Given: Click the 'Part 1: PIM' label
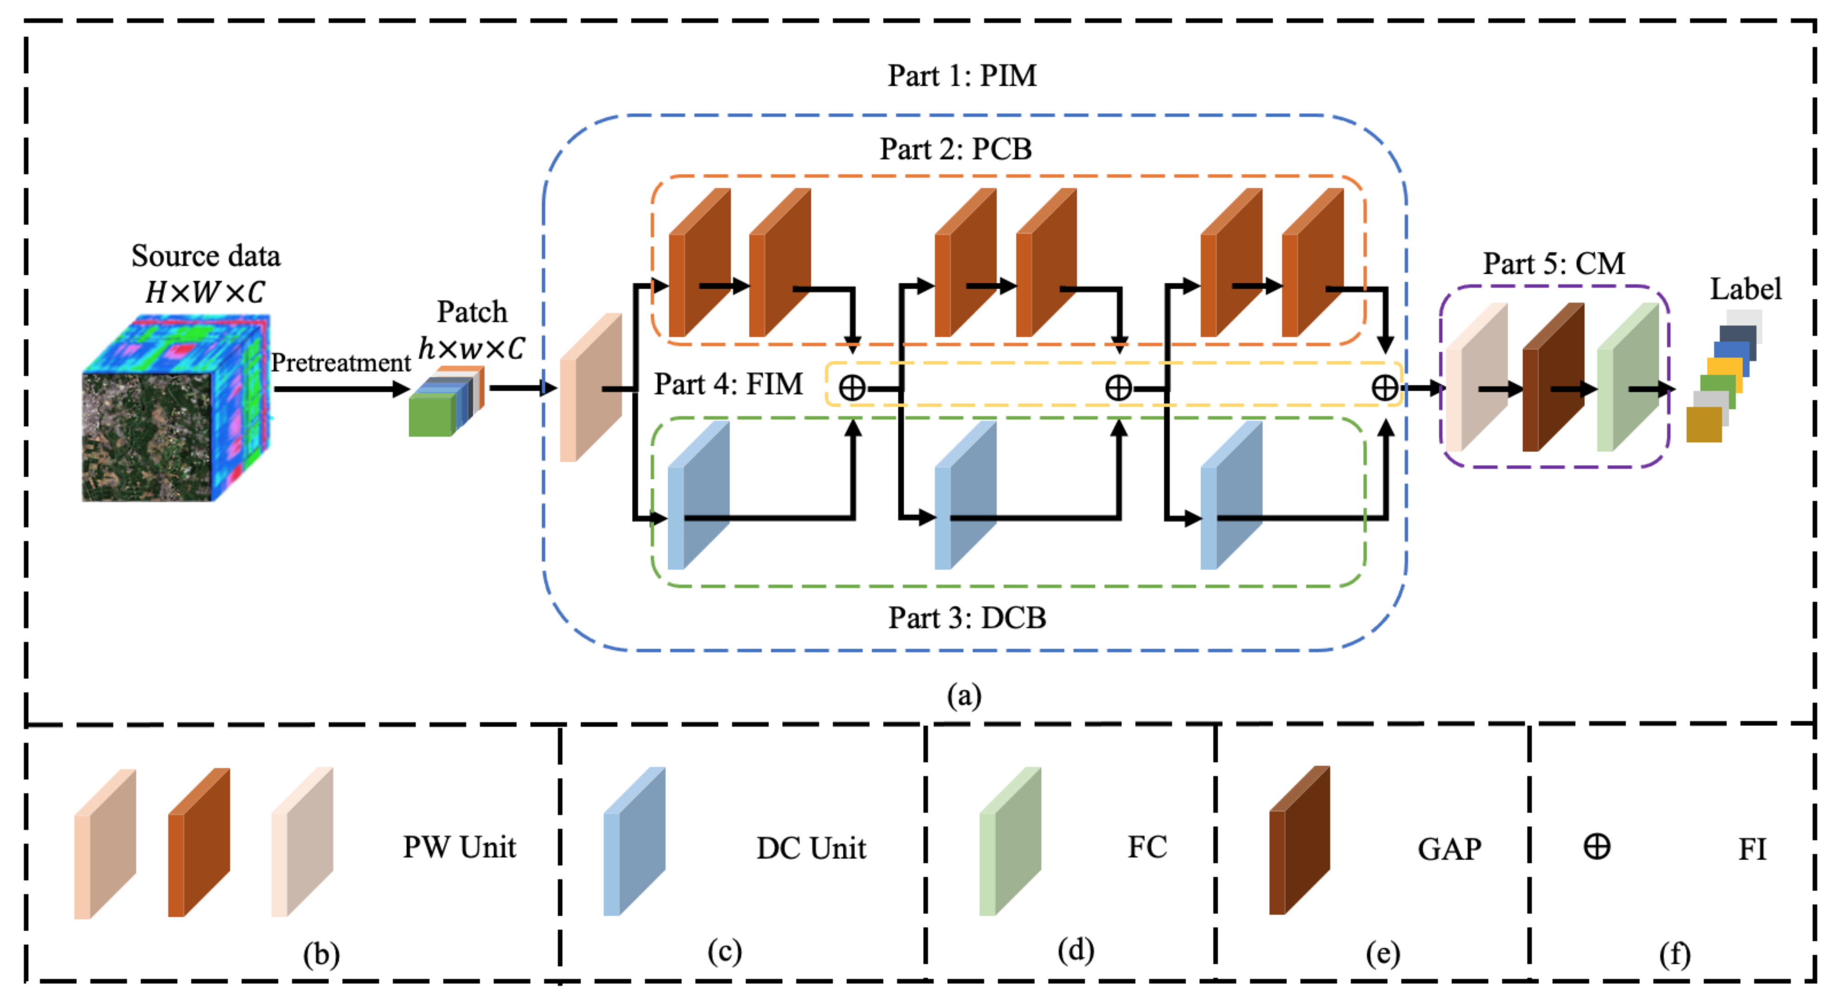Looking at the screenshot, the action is (x=961, y=76).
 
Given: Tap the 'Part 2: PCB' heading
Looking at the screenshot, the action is (x=955, y=149).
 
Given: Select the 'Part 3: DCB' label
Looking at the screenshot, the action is (x=967, y=618).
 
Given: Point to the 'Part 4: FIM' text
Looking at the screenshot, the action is (x=728, y=384).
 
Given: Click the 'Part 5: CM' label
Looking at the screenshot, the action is (x=1554, y=264).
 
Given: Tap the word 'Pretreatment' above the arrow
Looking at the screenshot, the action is (x=341, y=363).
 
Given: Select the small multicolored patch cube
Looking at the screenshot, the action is (x=446, y=401).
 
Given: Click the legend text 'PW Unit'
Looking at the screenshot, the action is (x=459, y=847).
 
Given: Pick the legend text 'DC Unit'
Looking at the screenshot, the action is (x=811, y=848).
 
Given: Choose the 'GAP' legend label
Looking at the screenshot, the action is (x=1449, y=849).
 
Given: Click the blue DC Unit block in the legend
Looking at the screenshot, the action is (x=634, y=841).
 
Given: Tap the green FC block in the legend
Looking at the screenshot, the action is (x=1010, y=841).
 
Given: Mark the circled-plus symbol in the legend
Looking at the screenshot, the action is (x=1597, y=847).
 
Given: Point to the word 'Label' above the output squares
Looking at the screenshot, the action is (x=1745, y=289).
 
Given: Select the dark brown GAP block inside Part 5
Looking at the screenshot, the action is (x=1553, y=377).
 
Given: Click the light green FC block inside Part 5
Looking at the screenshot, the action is (x=1628, y=377).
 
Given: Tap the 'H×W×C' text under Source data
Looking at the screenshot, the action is (x=205, y=292).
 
